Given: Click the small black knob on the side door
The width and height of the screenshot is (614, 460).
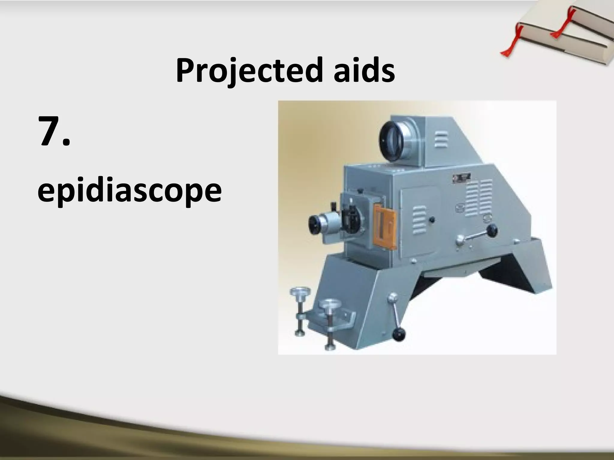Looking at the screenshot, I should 431,220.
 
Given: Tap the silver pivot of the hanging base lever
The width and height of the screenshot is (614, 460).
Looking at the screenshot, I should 392,298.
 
